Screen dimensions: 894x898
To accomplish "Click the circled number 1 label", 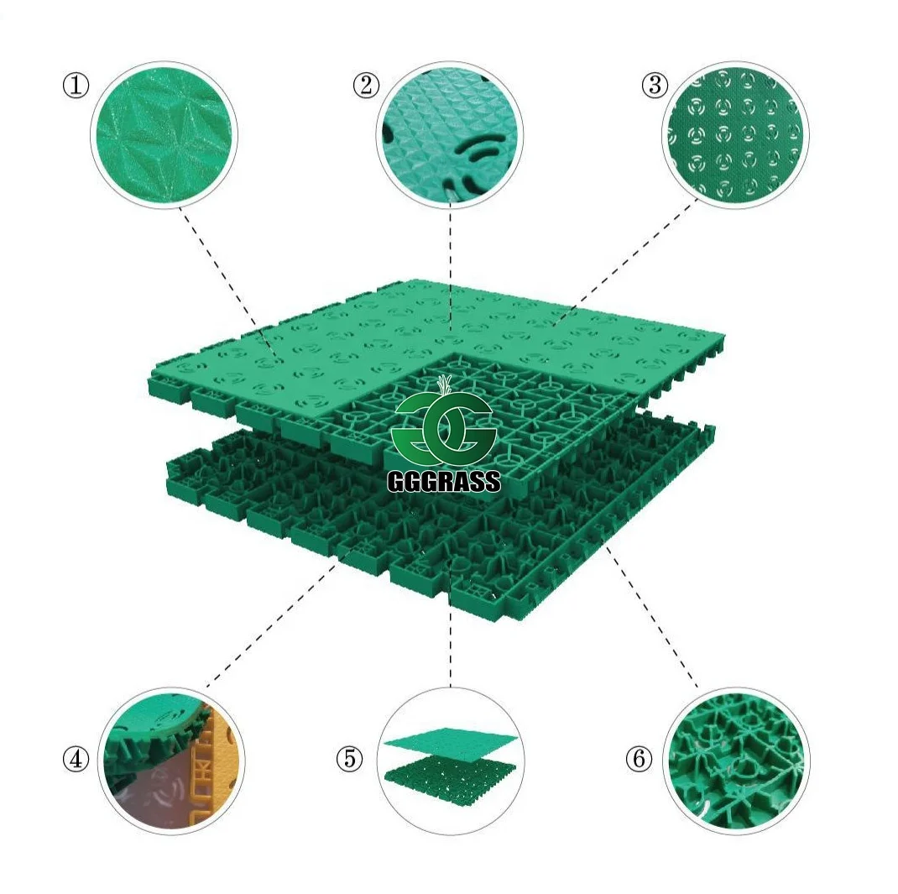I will coord(76,86).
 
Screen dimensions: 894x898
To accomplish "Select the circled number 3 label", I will coord(655,86).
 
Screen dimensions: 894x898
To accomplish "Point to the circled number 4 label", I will coord(76,759).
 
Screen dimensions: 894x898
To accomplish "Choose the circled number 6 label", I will coord(639,759).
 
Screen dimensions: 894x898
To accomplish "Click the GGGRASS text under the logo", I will coord(444,482).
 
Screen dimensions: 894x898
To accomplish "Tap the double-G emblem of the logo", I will coord(444,429).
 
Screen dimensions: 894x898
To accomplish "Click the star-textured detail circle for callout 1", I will coord(164,134).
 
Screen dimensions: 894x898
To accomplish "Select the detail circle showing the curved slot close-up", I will coord(450,134).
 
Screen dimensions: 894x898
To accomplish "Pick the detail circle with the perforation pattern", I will coord(736,134).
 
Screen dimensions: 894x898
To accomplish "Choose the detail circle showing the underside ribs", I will coord(736,760).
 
